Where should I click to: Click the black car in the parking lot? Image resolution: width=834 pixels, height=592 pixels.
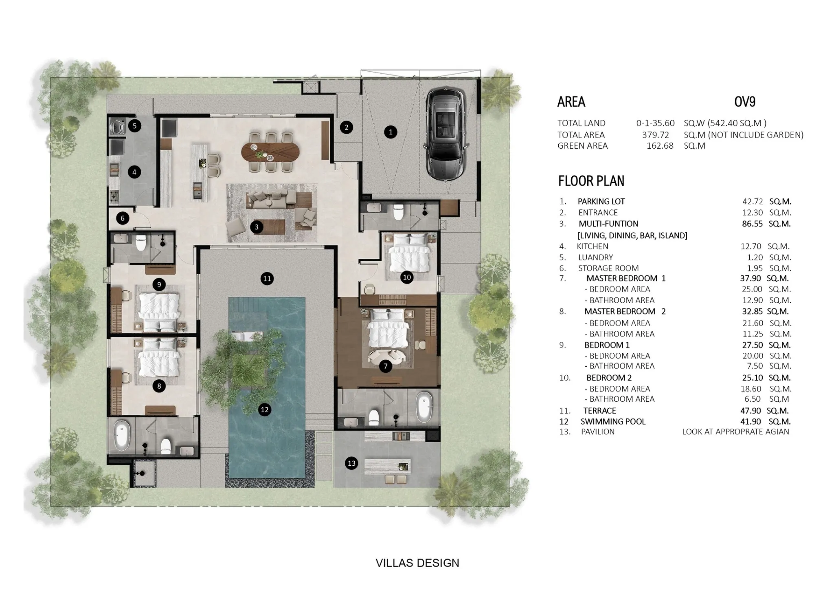pos(444,135)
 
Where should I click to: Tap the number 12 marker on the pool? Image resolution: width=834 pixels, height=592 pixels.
pos(265,409)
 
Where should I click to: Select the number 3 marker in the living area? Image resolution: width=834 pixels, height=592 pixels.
pos(257,227)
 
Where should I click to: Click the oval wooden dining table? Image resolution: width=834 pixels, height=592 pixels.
pos(270,152)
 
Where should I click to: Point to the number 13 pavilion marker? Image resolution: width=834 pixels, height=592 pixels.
pos(351,463)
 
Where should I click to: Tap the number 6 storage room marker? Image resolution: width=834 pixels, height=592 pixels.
pos(123,218)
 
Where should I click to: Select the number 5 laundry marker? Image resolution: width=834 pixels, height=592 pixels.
pos(134,125)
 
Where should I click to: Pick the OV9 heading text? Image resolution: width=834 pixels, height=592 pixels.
pos(745,101)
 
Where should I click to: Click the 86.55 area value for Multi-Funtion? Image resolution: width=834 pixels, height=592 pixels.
pos(752,224)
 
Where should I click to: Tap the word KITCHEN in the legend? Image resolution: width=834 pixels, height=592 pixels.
pos(593,246)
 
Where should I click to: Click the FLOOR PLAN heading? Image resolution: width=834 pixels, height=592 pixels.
pos(591,181)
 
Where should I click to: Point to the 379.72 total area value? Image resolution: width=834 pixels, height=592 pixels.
pos(656,135)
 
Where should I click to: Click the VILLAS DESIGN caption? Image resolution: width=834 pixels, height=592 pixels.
pos(417,563)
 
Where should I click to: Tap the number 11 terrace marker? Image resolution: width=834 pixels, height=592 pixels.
pos(267,279)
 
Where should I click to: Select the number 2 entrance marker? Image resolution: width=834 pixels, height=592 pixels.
pos(347,127)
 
